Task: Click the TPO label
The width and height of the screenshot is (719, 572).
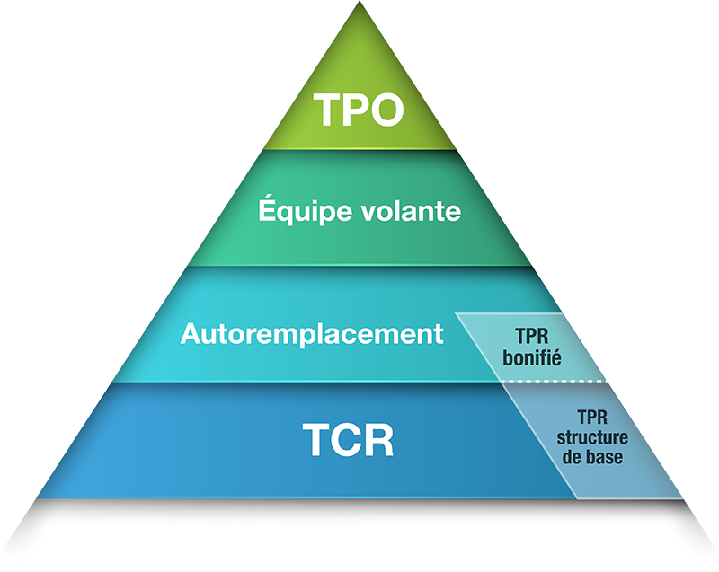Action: pos(359,110)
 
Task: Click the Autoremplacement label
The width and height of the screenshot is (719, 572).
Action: pos(312,334)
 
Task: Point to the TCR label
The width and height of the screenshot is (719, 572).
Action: pos(347,442)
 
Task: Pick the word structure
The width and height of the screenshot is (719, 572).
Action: pos(591,439)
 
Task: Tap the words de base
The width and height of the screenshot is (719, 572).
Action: pos(591,456)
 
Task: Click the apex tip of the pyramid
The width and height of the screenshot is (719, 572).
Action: pos(359,4)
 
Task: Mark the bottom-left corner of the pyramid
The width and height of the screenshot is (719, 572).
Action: pos(38,497)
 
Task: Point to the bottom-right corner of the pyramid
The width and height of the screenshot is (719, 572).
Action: pos(683,497)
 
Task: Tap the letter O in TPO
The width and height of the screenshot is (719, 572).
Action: pos(386,110)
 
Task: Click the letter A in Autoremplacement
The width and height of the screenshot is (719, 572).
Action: pos(190,334)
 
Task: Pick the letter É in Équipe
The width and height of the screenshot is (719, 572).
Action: pos(266,210)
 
